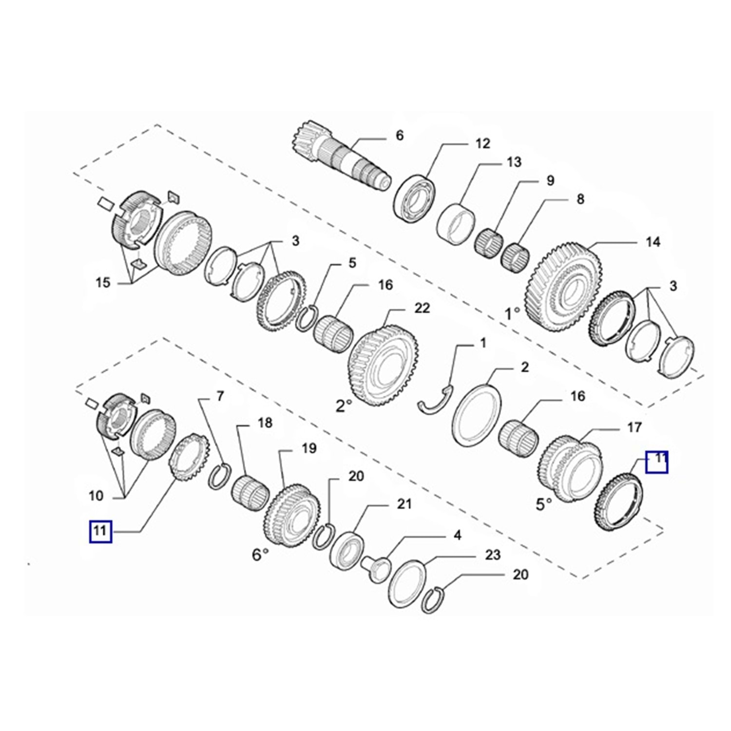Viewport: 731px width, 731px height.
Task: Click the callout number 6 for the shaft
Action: pyautogui.click(x=400, y=135)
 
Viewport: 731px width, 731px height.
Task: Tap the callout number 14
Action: pyautogui.click(x=653, y=241)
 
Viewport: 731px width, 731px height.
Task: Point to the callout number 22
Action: pyautogui.click(x=422, y=308)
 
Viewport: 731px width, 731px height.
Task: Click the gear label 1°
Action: pyautogui.click(x=512, y=313)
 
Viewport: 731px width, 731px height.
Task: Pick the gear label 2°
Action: pyautogui.click(x=344, y=405)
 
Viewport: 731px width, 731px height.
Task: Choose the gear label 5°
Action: pyautogui.click(x=544, y=504)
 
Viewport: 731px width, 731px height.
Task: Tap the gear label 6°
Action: pyautogui.click(x=260, y=554)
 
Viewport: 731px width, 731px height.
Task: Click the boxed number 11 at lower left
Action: pyautogui.click(x=100, y=531)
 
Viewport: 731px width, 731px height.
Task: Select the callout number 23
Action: pyautogui.click(x=493, y=555)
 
